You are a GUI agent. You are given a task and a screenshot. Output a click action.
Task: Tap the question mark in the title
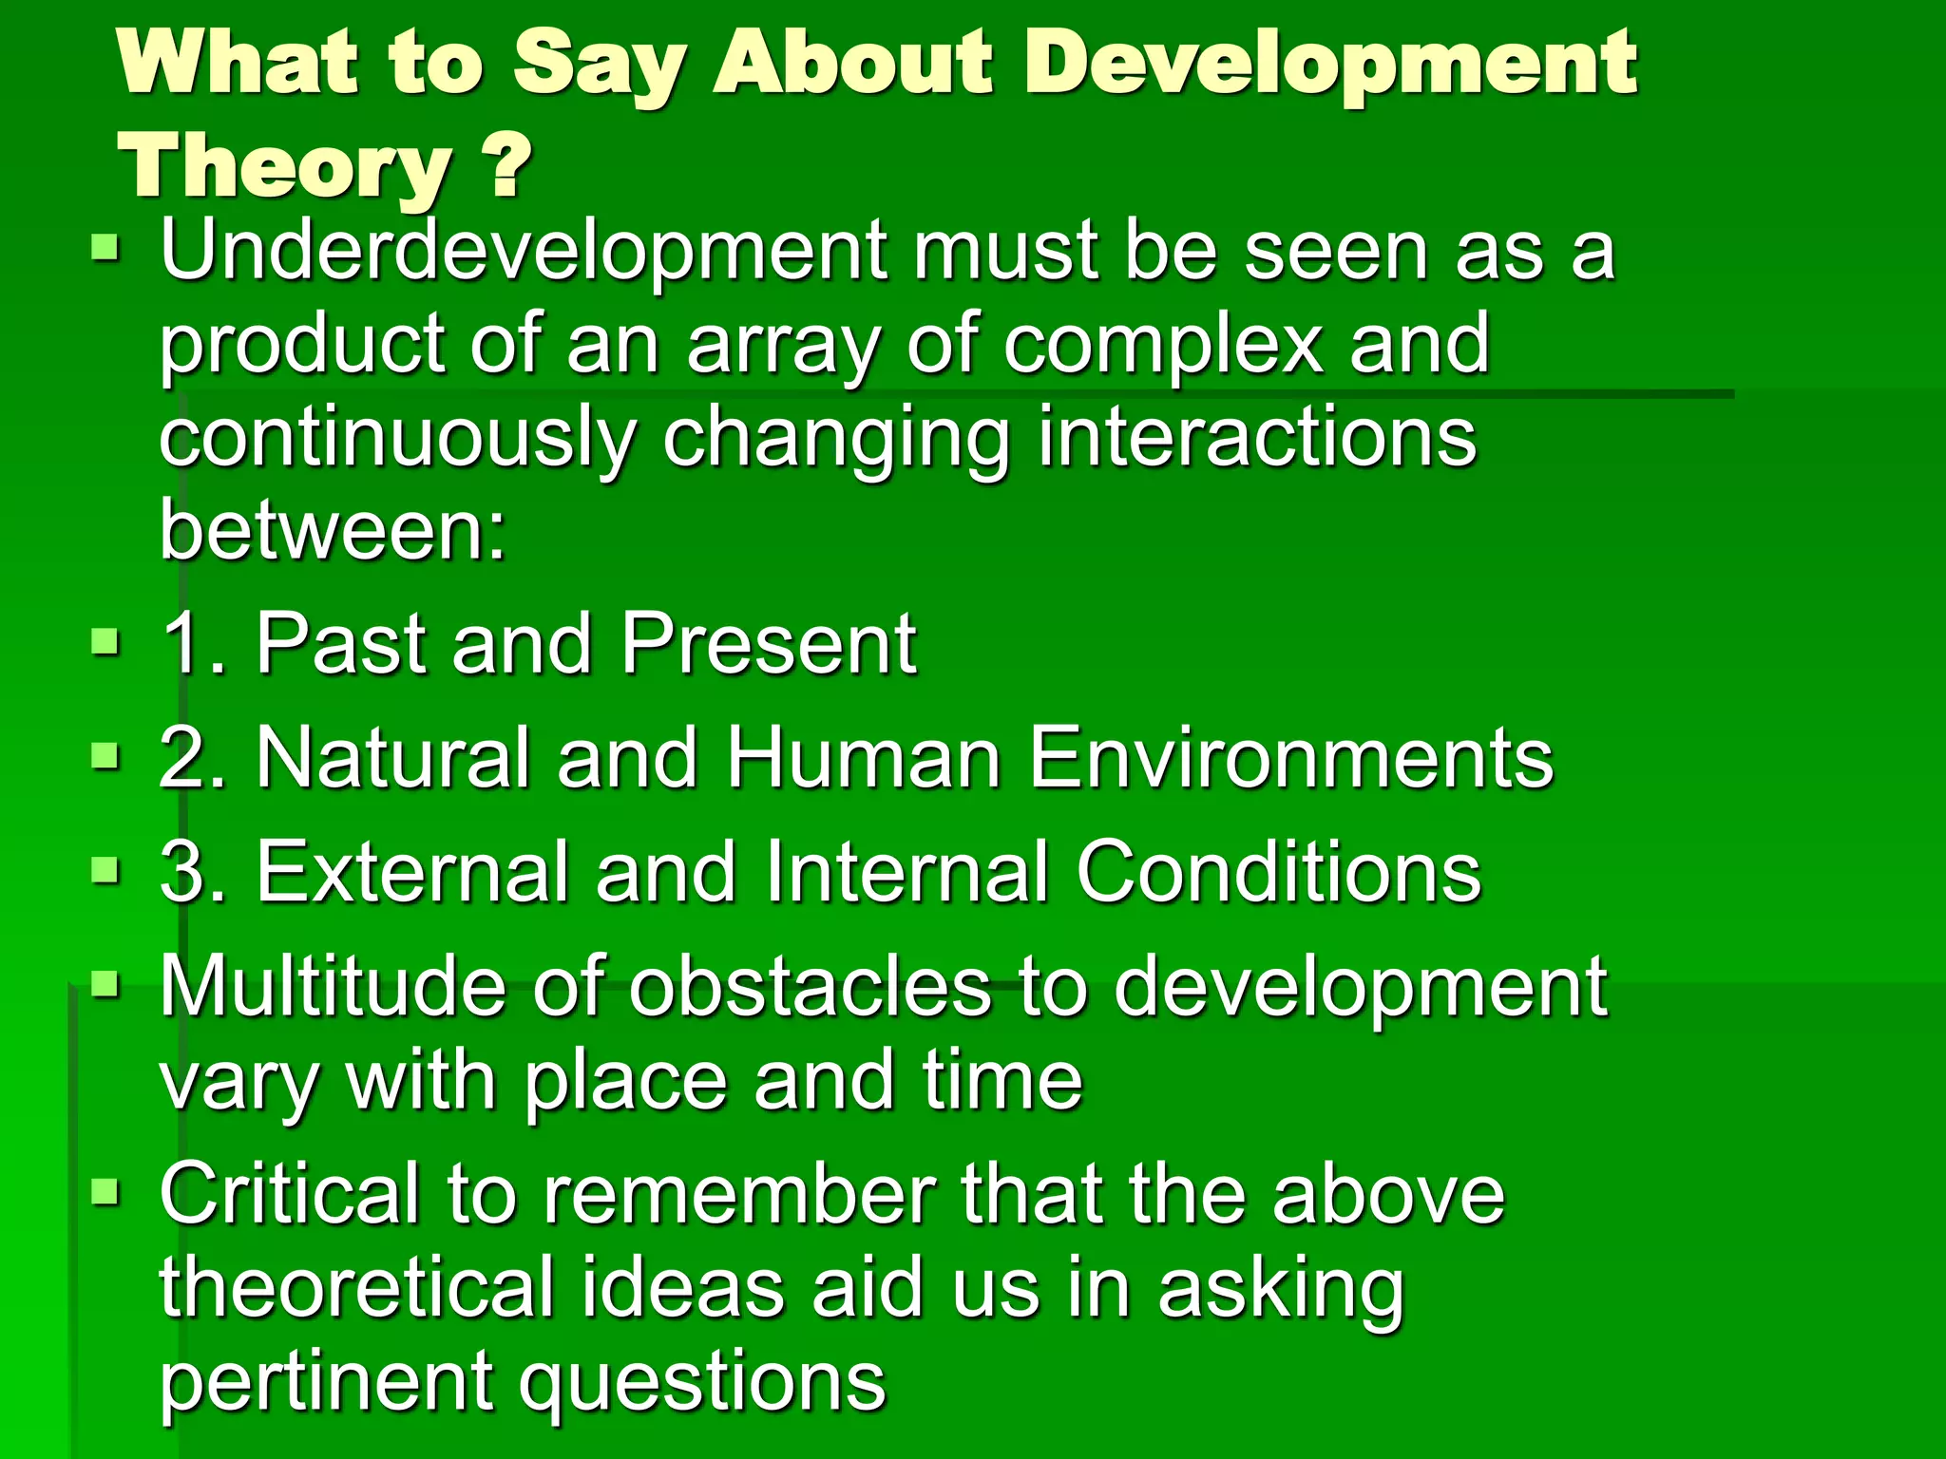click(x=511, y=167)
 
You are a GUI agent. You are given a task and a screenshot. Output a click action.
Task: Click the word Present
click(x=768, y=644)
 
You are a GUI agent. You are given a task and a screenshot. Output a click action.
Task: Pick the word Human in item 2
click(x=863, y=758)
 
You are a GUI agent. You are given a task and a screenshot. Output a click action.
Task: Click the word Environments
click(x=1291, y=758)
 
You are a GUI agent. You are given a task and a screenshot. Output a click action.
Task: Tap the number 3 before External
click(x=184, y=872)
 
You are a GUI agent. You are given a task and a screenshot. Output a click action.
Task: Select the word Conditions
click(x=1278, y=872)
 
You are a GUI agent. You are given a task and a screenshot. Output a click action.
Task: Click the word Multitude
click(x=332, y=988)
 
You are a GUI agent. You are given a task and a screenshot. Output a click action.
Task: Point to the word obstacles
click(x=810, y=988)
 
